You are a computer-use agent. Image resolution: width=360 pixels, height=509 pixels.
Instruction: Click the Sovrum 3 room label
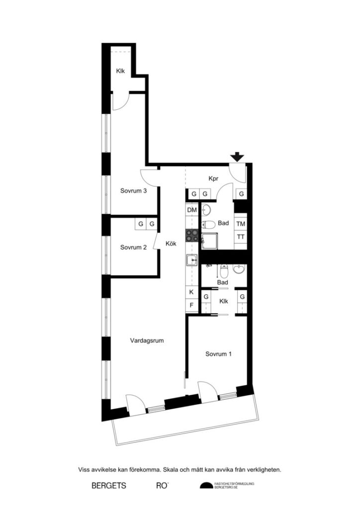[x=133, y=190]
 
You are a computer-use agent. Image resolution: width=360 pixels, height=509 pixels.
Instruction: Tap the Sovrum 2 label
[x=133, y=247]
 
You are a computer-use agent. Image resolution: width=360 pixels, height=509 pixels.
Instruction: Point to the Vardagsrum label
[x=147, y=341]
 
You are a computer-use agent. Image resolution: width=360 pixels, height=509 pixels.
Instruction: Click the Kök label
[x=171, y=244]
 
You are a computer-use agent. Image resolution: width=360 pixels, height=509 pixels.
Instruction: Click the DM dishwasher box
[x=192, y=210]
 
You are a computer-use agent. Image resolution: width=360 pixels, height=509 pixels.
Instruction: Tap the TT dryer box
[x=241, y=237]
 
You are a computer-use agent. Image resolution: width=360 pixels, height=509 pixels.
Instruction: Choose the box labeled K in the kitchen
[x=191, y=292]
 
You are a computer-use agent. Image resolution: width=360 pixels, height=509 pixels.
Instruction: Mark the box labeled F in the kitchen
[x=191, y=305]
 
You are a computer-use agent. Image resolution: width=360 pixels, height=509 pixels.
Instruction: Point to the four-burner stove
[x=192, y=235]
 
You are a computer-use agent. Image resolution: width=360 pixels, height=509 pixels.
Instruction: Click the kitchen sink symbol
[x=191, y=259]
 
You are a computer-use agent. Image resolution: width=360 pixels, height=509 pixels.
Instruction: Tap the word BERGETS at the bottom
[x=109, y=486]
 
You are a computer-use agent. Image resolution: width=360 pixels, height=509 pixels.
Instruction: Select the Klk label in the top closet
[x=121, y=71]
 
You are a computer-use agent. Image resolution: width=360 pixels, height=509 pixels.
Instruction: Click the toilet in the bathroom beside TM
[x=209, y=224]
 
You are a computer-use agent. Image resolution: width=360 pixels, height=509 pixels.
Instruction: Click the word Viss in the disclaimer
[x=85, y=469]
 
